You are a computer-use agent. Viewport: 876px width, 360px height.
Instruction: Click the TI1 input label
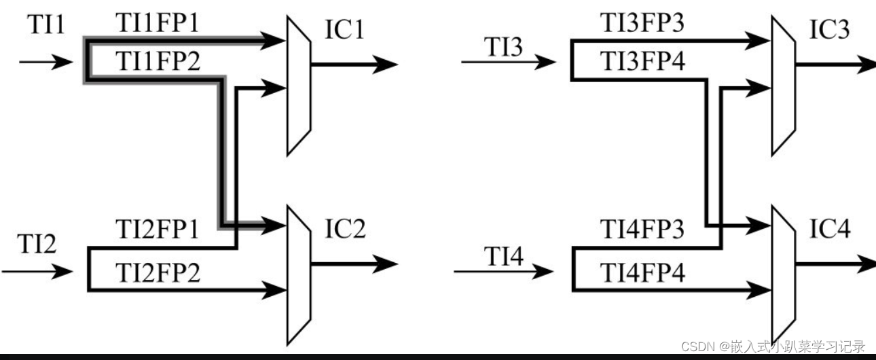tap(46, 25)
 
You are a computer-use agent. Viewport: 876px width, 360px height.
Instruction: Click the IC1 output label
tap(344, 31)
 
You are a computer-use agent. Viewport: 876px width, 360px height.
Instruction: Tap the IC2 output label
tap(345, 230)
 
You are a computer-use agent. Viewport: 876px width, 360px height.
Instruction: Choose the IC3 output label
tap(828, 31)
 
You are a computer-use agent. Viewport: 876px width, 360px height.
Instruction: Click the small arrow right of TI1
tap(45, 62)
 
